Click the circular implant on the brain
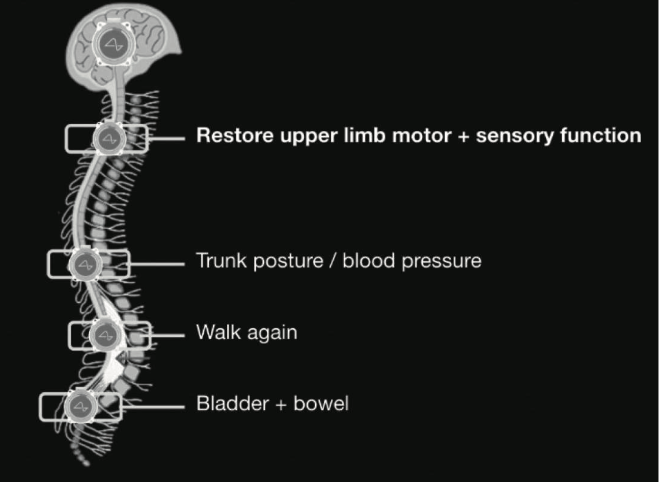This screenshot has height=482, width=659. [x=114, y=43]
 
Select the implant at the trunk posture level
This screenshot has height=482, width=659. [x=86, y=264]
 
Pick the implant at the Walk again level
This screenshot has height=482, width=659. [x=105, y=335]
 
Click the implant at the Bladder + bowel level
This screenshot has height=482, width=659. [x=80, y=407]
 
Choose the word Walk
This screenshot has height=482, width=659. [x=218, y=332]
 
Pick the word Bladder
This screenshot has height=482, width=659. [x=233, y=403]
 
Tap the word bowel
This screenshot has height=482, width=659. [x=321, y=403]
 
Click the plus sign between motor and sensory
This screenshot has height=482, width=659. [x=463, y=137]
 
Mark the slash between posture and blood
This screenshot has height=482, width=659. [x=333, y=261]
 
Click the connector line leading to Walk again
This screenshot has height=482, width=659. [x=167, y=335]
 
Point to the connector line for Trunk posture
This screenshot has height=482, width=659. [x=157, y=264]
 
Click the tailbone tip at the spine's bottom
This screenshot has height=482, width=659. [x=86, y=464]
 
